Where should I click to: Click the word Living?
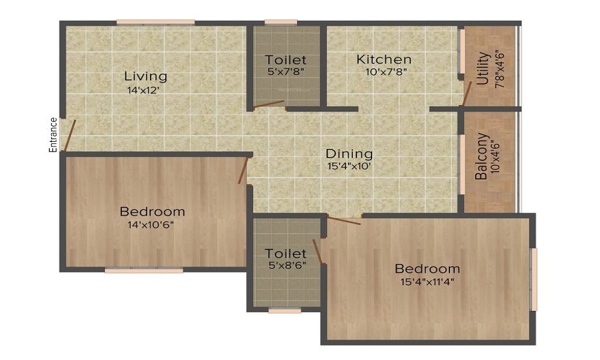tap(146, 77)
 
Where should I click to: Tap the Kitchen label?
tap(384, 59)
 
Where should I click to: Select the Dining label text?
tap(349, 154)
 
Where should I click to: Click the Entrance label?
tap(53, 134)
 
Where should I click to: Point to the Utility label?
tap(483, 68)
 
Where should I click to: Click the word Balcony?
tap(481, 156)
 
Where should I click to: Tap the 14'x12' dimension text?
tap(143, 91)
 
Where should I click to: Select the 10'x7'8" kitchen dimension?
tap(386, 71)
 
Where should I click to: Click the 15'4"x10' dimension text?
tap(349, 166)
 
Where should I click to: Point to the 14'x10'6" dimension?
tap(151, 224)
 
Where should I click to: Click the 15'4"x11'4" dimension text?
tap(427, 282)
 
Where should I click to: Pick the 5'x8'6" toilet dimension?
tap(287, 265)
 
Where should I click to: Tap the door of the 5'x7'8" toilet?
tap(269, 104)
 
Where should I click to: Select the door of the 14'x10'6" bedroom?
tap(243, 170)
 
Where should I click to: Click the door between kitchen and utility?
tap(467, 94)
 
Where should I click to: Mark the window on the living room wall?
tap(155, 23)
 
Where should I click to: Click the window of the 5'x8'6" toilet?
tap(284, 311)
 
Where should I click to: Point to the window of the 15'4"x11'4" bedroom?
tap(533, 279)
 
